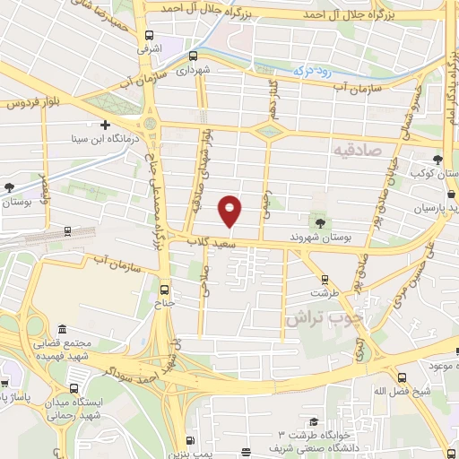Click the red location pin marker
pos(231,211)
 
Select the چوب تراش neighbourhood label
pos(316,317)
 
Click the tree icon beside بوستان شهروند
pos(321,221)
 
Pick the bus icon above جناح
pos(163,289)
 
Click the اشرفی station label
pos(148,52)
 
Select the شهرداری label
pos(192,68)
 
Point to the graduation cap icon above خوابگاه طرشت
pos(313,421)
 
